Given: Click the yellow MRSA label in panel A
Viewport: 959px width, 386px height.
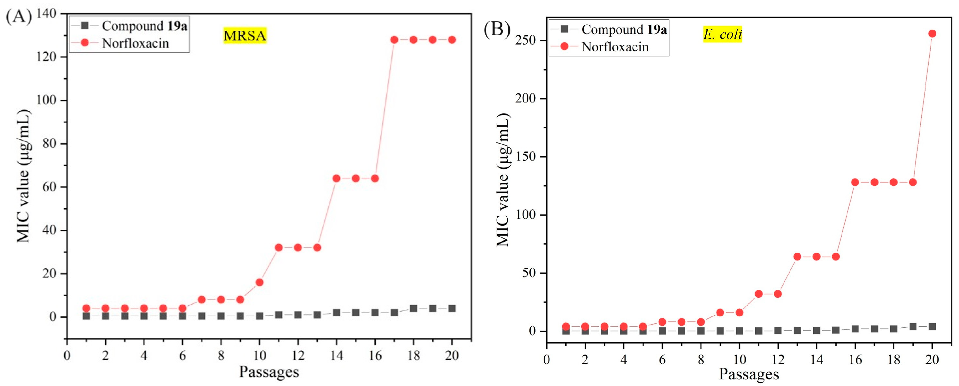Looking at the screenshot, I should [244, 36].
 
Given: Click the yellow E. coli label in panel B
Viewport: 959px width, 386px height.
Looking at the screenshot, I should [722, 34].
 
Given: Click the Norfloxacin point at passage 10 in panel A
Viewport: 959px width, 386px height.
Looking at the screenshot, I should [259, 282].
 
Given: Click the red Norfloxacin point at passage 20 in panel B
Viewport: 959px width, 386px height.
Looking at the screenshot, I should [932, 34].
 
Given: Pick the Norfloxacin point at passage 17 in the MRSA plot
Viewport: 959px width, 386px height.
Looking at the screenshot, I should [394, 40].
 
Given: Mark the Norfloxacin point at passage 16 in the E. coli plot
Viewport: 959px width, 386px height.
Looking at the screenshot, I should [855, 182].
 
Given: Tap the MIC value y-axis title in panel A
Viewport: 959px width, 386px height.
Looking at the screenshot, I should [23, 176].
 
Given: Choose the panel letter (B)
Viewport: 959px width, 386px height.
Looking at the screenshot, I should [497, 29].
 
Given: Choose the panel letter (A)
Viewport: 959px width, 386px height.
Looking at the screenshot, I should [19, 17].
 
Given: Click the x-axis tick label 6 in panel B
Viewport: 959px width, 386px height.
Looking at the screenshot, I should [662, 359].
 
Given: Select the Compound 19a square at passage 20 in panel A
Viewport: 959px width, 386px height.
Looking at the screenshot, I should [452, 308].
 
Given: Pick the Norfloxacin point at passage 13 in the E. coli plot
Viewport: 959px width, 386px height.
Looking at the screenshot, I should [797, 257].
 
